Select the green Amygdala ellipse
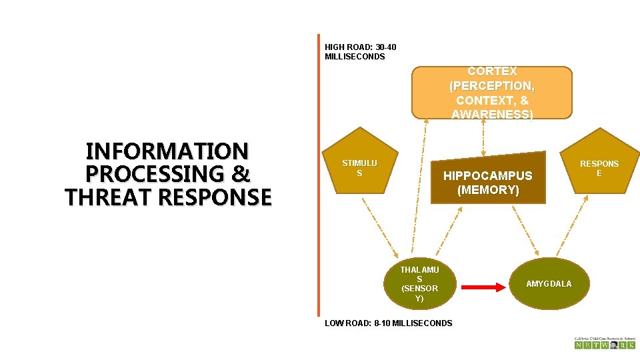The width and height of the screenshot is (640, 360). (549, 283)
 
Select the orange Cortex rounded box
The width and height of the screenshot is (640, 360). (492, 93)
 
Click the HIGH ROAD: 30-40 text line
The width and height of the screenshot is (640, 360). (360, 47)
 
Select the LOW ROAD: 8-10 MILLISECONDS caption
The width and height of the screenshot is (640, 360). (388, 323)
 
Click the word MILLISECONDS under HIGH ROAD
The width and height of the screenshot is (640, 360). (355, 57)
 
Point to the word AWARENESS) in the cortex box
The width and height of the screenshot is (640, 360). (492, 115)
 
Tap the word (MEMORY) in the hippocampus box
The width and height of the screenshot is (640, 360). (488, 190)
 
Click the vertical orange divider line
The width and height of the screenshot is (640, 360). (319, 173)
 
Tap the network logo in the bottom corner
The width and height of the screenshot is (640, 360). (604, 343)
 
